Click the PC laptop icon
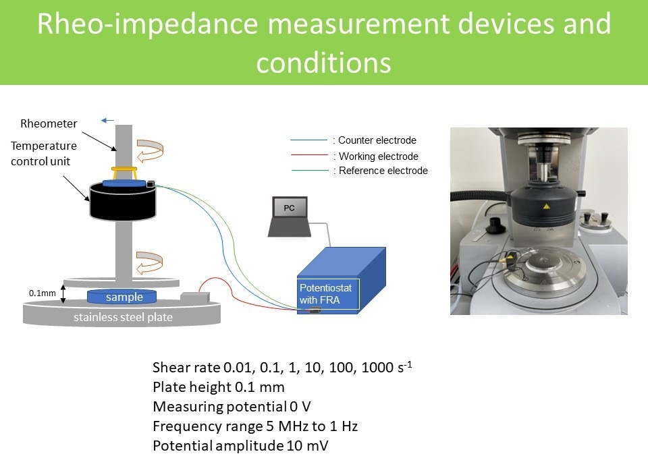(x=290, y=217)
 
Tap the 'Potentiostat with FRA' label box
(x=328, y=293)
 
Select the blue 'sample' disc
(x=122, y=296)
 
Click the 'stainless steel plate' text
(x=123, y=317)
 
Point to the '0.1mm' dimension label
(x=42, y=293)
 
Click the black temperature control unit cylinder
(x=123, y=202)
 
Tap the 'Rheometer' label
(x=49, y=123)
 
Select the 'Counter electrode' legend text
(x=377, y=140)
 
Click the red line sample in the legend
(x=310, y=155)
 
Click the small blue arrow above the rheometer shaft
(x=107, y=121)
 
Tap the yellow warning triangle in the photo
(x=546, y=206)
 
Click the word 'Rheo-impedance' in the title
(x=148, y=24)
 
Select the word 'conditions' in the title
(x=323, y=63)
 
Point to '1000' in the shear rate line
(x=377, y=367)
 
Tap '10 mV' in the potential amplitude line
(x=307, y=446)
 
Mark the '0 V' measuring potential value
(x=300, y=407)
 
